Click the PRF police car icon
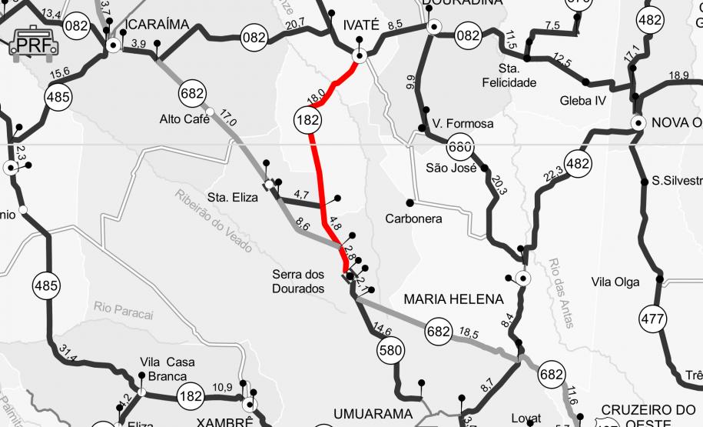[x=34, y=42]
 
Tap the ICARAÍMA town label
[x=157, y=25]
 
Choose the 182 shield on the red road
[x=307, y=119]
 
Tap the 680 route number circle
[x=459, y=146]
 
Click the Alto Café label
[x=184, y=119]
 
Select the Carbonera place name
[x=413, y=219]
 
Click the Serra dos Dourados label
[x=300, y=282]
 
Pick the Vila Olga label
[x=615, y=282]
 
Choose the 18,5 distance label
[x=469, y=333]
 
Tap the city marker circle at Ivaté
[x=359, y=55]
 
